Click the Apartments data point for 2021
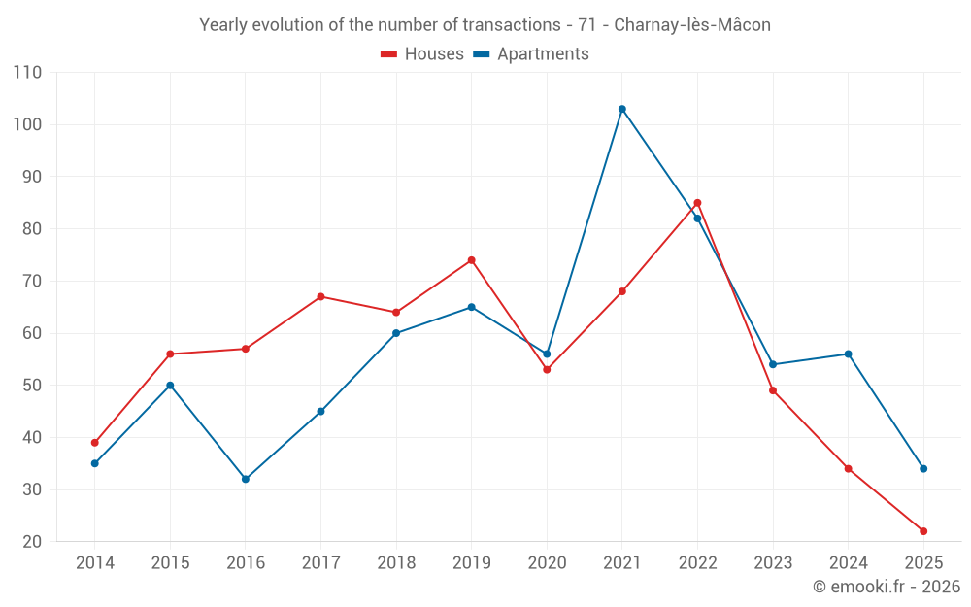click(x=622, y=109)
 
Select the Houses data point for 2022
click(x=697, y=203)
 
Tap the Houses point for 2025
click(x=923, y=531)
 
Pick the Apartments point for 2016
click(x=246, y=479)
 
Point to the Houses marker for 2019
click(x=472, y=260)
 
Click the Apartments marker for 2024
click(x=848, y=354)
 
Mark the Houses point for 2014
click(x=95, y=443)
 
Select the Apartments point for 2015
click(x=170, y=386)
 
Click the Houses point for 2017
click(x=320, y=296)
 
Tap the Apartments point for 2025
click(x=923, y=469)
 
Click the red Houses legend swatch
click(x=388, y=54)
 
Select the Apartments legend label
click(x=543, y=54)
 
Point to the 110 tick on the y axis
click(x=28, y=73)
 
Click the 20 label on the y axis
click(x=32, y=542)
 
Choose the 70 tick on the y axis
click(x=32, y=282)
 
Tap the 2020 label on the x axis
click(x=547, y=563)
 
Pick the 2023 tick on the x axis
click(x=773, y=563)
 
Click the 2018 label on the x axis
click(x=396, y=563)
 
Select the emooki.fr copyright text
click(x=887, y=587)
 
